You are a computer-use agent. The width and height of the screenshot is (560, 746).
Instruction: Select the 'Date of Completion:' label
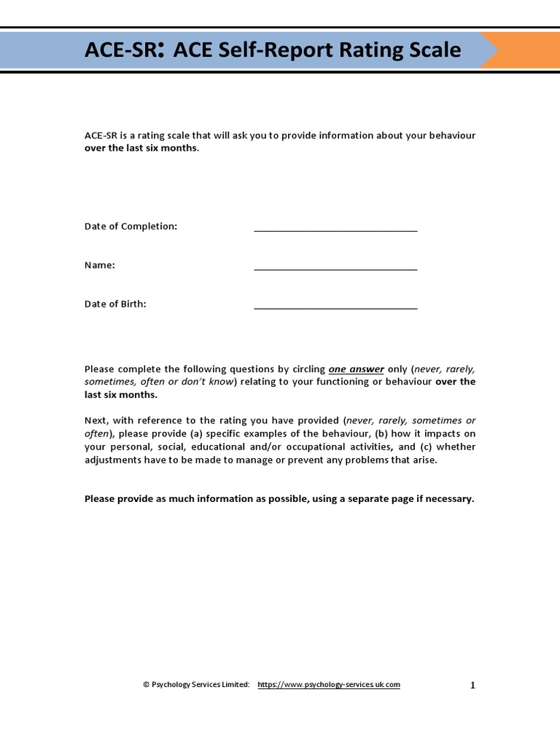pyautogui.click(x=131, y=227)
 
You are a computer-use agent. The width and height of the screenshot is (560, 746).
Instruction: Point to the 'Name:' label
pyautogui.click(x=100, y=265)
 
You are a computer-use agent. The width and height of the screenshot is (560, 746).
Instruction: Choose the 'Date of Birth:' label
pyautogui.click(x=115, y=304)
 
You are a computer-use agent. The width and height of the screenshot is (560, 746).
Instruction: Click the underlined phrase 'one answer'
pyautogui.click(x=356, y=369)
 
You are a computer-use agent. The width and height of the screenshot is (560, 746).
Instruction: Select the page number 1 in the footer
pyautogui.click(x=472, y=685)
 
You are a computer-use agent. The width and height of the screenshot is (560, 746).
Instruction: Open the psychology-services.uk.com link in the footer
pyautogui.click(x=329, y=685)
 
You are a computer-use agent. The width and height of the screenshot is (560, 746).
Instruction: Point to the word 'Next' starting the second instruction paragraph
pyautogui.click(x=96, y=421)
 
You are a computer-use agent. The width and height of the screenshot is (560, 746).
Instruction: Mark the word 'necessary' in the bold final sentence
pyautogui.click(x=449, y=499)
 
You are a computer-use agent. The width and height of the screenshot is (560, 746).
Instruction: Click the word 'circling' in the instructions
pyautogui.click(x=307, y=369)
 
